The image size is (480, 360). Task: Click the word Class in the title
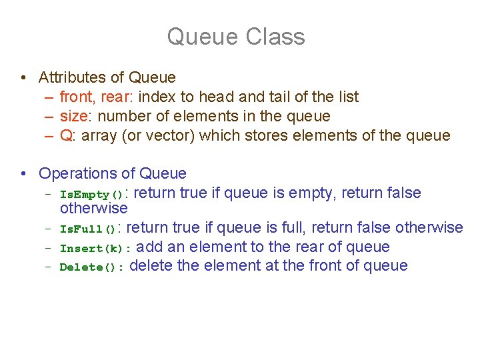click(275, 37)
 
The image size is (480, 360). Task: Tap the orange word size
click(73, 117)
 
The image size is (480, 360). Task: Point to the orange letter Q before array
click(66, 136)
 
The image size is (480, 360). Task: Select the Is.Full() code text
click(88, 229)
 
